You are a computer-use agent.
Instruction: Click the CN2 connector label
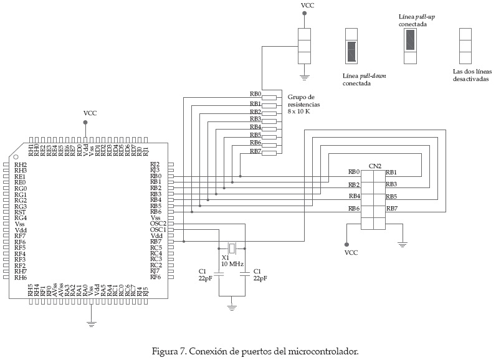coord(374,166)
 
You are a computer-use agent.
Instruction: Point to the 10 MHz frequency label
coord(232,264)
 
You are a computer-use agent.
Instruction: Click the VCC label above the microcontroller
coord(90,113)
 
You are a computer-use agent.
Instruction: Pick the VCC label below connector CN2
coord(351,253)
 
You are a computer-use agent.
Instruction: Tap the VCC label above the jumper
coord(308,6)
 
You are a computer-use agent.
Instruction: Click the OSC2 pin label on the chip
coord(158,224)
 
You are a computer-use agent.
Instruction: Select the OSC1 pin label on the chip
coord(158,230)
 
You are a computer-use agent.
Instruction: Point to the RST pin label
coord(21,212)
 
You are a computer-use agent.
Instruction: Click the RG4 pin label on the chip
coord(21,218)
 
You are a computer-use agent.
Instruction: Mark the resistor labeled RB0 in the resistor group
coord(269,97)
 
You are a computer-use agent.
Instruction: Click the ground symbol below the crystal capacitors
coord(232,306)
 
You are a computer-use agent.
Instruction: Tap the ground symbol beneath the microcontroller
coord(91,322)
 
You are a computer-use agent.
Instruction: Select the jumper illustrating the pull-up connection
coord(410,46)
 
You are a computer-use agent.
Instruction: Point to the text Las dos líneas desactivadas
coord(470,75)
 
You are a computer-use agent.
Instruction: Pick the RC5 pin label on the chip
coord(156,247)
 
